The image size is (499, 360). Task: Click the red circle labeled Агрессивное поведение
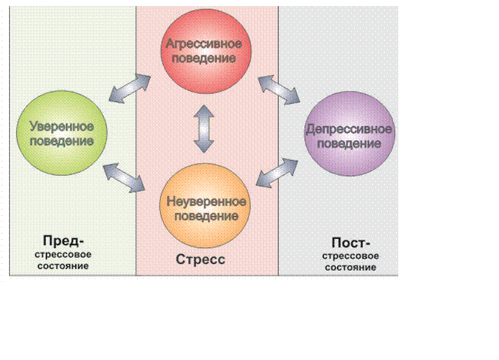pyautogui.click(x=206, y=51)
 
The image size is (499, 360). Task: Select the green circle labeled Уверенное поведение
pyautogui.click(x=62, y=133)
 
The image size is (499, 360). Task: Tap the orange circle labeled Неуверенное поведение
pyautogui.click(x=205, y=206)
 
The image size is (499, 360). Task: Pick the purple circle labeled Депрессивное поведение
pyautogui.click(x=349, y=134)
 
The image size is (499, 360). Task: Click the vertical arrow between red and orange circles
pyautogui.click(x=204, y=129)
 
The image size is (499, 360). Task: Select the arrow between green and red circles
pyautogui.click(x=129, y=89)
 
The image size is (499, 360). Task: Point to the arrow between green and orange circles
pyautogui.click(x=124, y=177)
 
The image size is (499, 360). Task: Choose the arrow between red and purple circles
pyautogui.click(x=279, y=89)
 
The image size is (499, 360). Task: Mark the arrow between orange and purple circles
pyautogui.click(x=277, y=173)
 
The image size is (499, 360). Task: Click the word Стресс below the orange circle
pyautogui.click(x=201, y=259)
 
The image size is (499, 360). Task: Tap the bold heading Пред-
pyautogui.click(x=63, y=241)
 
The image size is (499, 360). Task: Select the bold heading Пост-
pyautogui.click(x=351, y=243)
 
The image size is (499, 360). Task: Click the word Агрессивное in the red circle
pyautogui.click(x=204, y=44)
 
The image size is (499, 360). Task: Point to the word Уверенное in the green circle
pyautogui.click(x=62, y=127)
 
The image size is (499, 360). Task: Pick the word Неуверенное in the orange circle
pyautogui.click(x=206, y=201)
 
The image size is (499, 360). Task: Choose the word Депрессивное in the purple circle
pyautogui.click(x=349, y=129)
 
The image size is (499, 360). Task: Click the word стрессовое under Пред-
pyautogui.click(x=63, y=255)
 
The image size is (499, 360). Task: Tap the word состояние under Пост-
pyautogui.click(x=350, y=268)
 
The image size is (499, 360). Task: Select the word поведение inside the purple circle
pyautogui.click(x=349, y=144)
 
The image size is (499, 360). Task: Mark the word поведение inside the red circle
pyautogui.click(x=204, y=59)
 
